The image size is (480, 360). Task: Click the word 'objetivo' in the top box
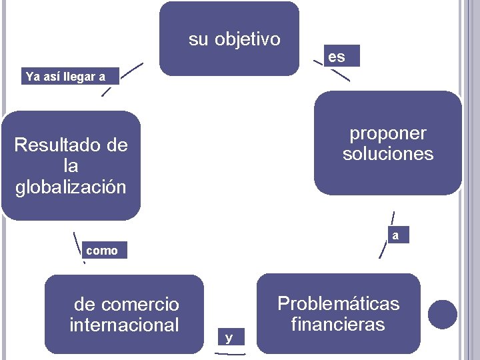(247, 40)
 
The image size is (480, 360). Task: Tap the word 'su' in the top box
(199, 40)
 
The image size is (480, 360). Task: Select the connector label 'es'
(337, 57)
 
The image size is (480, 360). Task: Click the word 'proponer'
(387, 133)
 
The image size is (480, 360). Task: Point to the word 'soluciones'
(387, 155)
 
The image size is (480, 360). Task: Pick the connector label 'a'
(396, 235)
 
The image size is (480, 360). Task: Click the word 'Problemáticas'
(338, 304)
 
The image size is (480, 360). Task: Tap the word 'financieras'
(338, 325)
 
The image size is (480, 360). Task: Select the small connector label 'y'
(229, 338)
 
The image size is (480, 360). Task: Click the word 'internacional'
(124, 325)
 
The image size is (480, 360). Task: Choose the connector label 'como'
(102, 251)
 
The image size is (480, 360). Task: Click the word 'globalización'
(71, 187)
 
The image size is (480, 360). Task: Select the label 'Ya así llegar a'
(65, 76)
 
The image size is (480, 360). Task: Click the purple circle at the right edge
(443, 314)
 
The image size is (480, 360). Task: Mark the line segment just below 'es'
(341, 75)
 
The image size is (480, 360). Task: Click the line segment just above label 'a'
(393, 219)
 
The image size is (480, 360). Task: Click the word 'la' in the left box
(71, 166)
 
